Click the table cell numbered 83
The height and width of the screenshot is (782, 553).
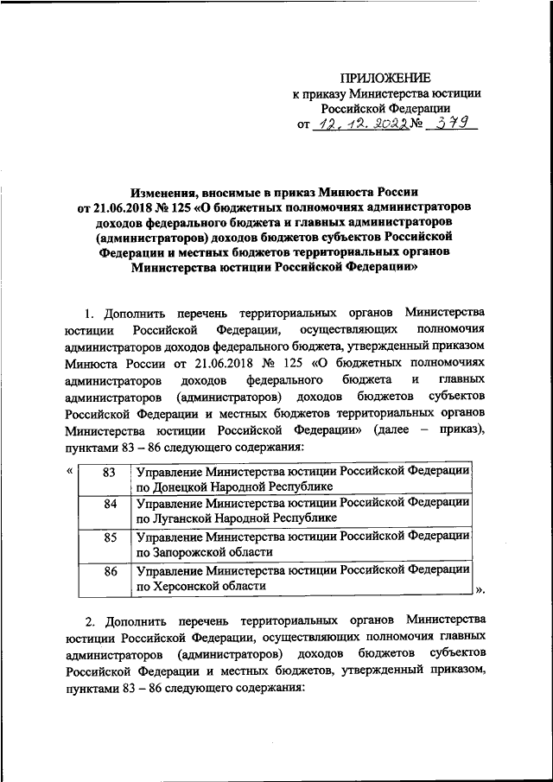[x=108, y=473]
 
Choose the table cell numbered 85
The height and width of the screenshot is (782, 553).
[x=108, y=537]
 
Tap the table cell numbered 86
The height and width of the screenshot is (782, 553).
[x=108, y=570]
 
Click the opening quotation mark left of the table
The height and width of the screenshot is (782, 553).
[x=68, y=471]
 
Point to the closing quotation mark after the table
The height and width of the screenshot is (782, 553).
[x=480, y=590]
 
